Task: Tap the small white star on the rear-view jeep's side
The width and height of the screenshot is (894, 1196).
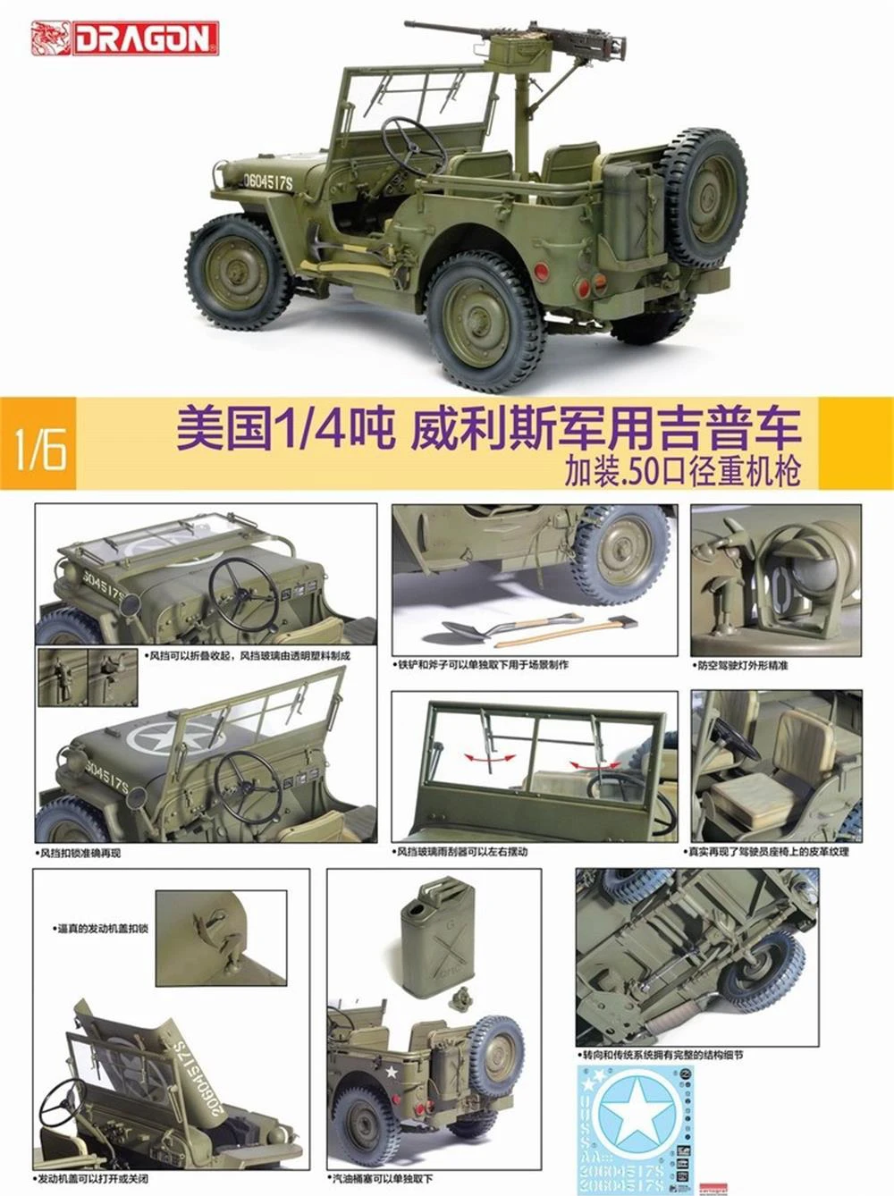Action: tap(390, 1071)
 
